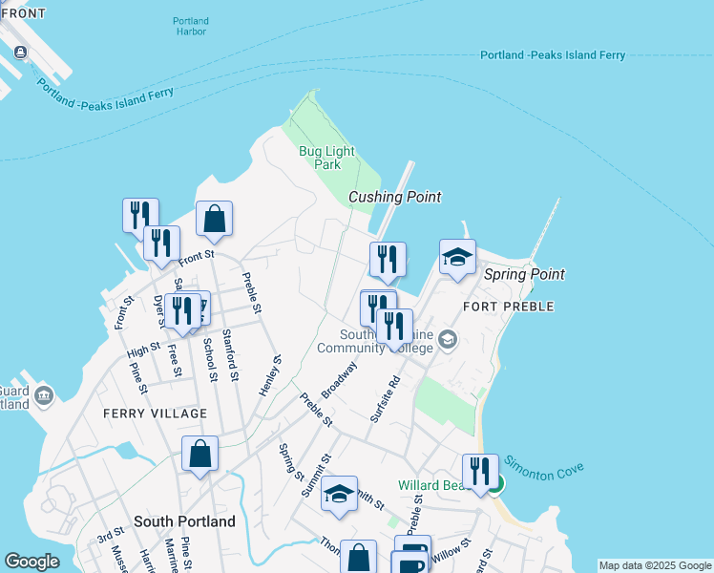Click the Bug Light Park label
(x=326, y=158)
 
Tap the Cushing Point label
(x=394, y=197)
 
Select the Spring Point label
(x=524, y=274)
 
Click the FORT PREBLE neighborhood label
(x=507, y=307)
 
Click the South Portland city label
(x=184, y=522)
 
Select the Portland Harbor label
(x=191, y=26)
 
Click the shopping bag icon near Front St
(x=215, y=219)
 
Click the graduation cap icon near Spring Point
(x=457, y=257)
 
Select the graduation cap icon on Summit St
(x=339, y=494)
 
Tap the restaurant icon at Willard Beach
(x=479, y=471)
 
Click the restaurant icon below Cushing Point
(x=388, y=259)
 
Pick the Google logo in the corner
(x=32, y=562)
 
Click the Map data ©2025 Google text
(x=655, y=565)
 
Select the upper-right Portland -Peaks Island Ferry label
(x=553, y=55)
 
